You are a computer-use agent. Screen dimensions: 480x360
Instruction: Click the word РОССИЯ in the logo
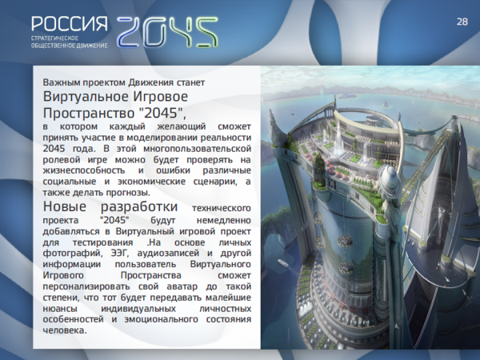70,23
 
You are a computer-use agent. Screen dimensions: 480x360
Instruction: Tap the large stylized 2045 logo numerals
167,32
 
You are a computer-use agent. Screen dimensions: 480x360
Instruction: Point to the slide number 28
462,22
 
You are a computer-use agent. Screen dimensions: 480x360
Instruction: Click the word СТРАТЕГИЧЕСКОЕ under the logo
54,38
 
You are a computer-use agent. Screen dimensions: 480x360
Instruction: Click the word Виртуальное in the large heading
85,97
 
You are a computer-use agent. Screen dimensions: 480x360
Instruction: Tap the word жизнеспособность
83,170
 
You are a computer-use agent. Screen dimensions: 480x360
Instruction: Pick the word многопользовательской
197,149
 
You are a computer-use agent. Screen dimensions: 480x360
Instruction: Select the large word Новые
65,206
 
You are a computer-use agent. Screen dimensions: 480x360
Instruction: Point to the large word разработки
139,207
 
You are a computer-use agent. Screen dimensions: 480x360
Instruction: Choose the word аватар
182,287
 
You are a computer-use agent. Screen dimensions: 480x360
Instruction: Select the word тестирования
103,243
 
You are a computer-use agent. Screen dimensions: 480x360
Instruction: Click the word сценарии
215,182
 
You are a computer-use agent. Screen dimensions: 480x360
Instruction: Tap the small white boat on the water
282,263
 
